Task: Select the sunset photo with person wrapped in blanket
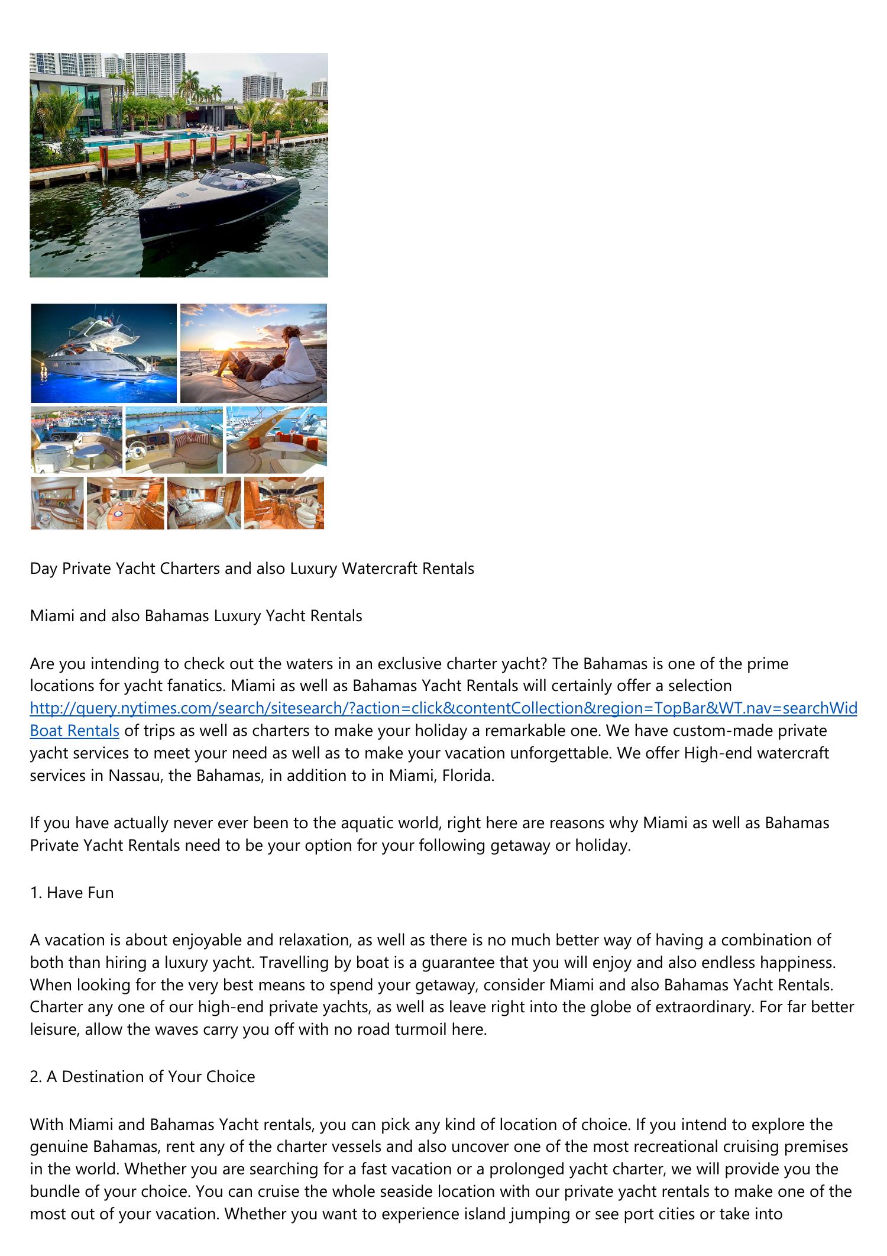tap(253, 353)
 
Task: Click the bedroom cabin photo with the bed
tap(204, 503)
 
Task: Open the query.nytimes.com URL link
tap(444, 708)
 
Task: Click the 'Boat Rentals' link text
tap(75, 731)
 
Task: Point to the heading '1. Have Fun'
tap(72, 892)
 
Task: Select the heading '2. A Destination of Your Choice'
tap(143, 1076)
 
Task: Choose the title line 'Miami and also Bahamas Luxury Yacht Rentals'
tap(196, 616)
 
